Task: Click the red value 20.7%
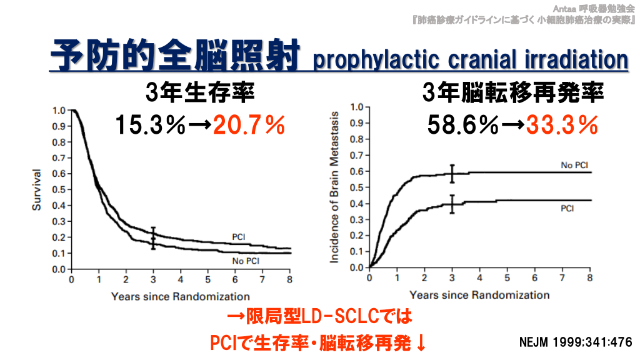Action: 249,126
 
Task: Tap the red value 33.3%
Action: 561,126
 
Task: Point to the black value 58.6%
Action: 464,126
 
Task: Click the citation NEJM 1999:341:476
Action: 576,342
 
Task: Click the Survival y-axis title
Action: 37,189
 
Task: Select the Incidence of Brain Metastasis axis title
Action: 335,187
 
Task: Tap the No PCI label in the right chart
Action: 574,166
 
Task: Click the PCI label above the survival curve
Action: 238,237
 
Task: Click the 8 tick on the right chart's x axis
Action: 590,278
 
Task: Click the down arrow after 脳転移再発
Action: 420,343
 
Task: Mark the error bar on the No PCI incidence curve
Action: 452,173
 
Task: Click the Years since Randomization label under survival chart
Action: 180,296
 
